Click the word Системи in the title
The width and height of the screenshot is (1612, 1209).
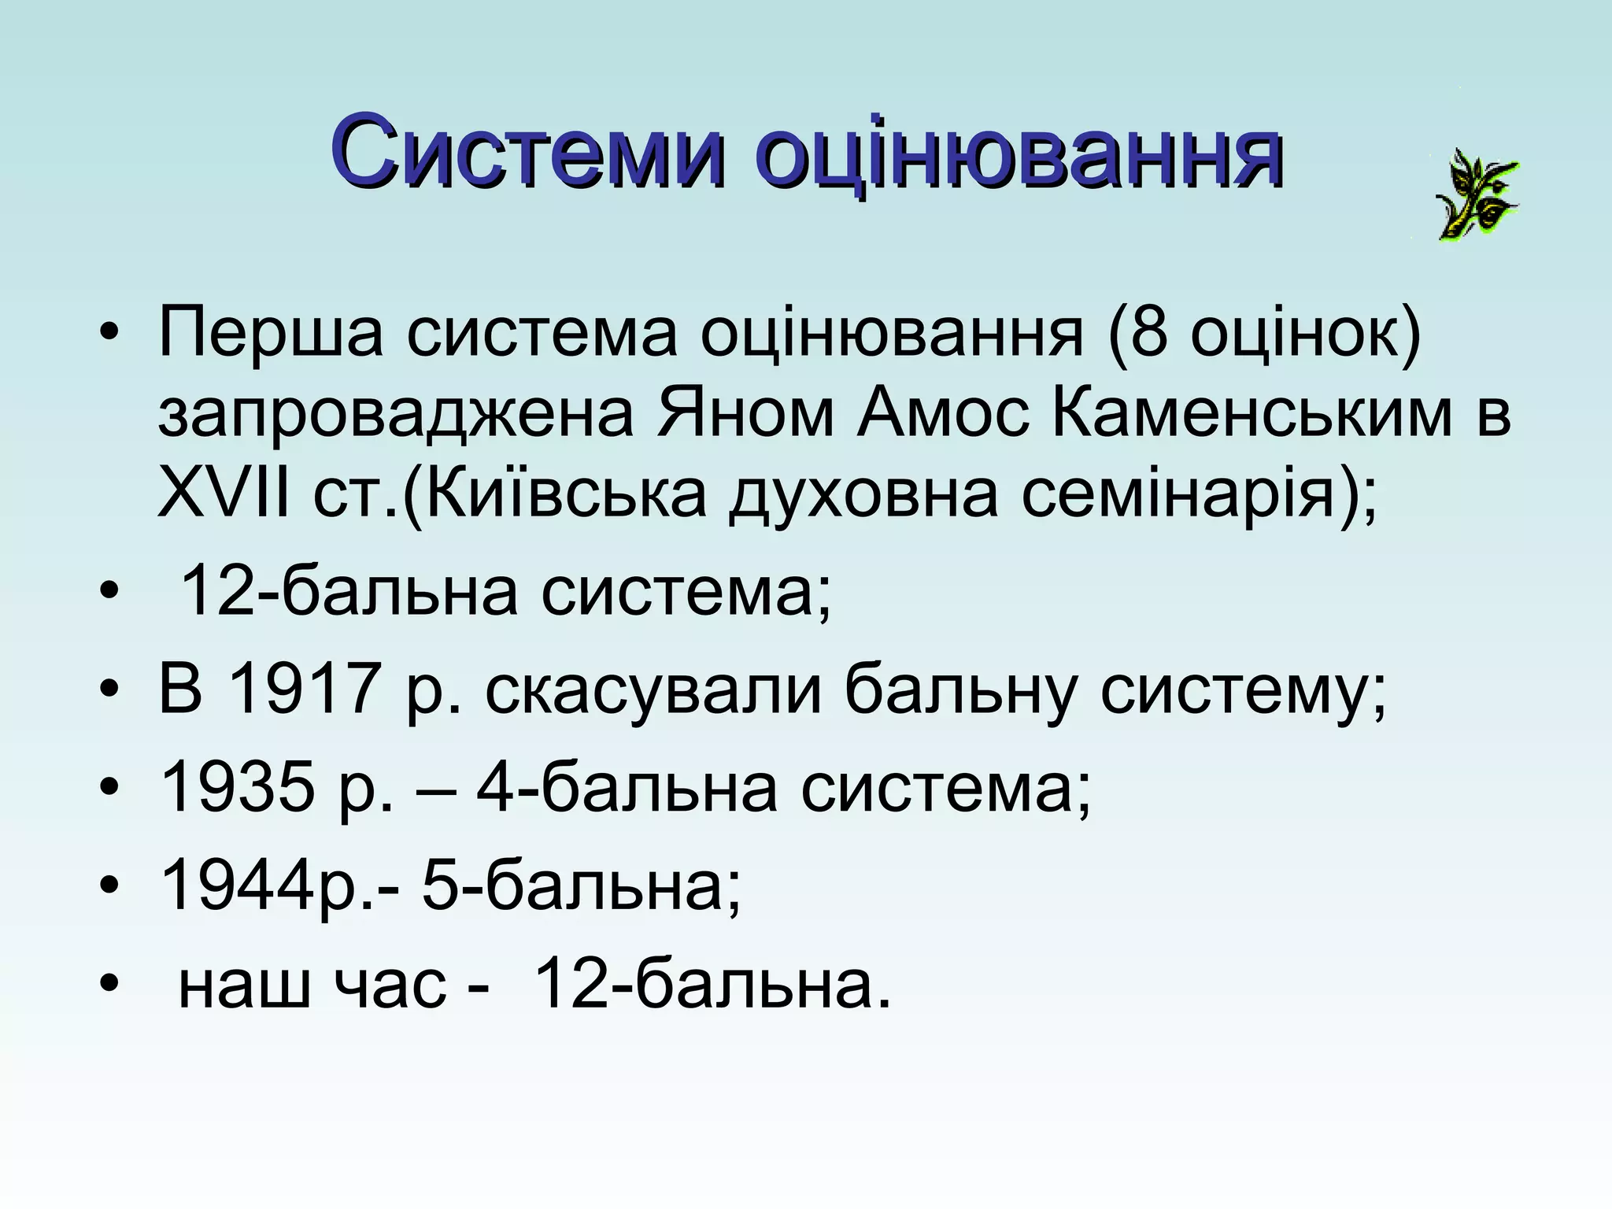coord(526,153)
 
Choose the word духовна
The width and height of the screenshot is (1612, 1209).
coord(863,497)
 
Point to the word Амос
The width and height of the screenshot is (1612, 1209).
coord(943,415)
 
